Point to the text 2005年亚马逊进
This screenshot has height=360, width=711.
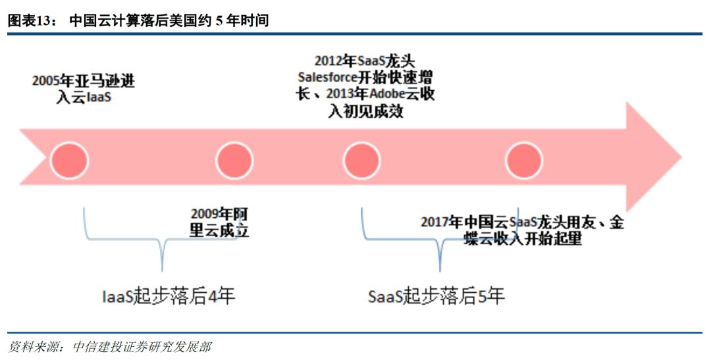[83, 82]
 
